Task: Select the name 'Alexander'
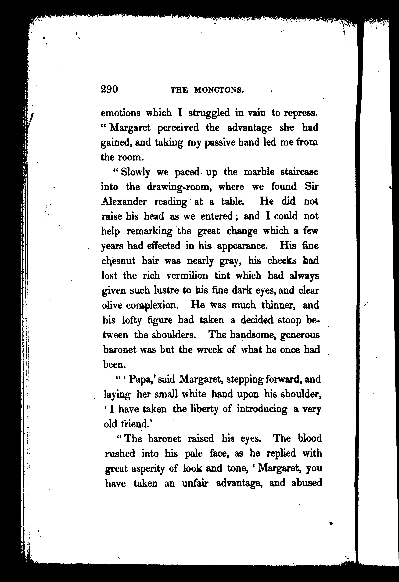click(x=124, y=202)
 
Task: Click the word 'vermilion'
click(x=187, y=276)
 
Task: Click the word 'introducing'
click(x=262, y=409)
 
